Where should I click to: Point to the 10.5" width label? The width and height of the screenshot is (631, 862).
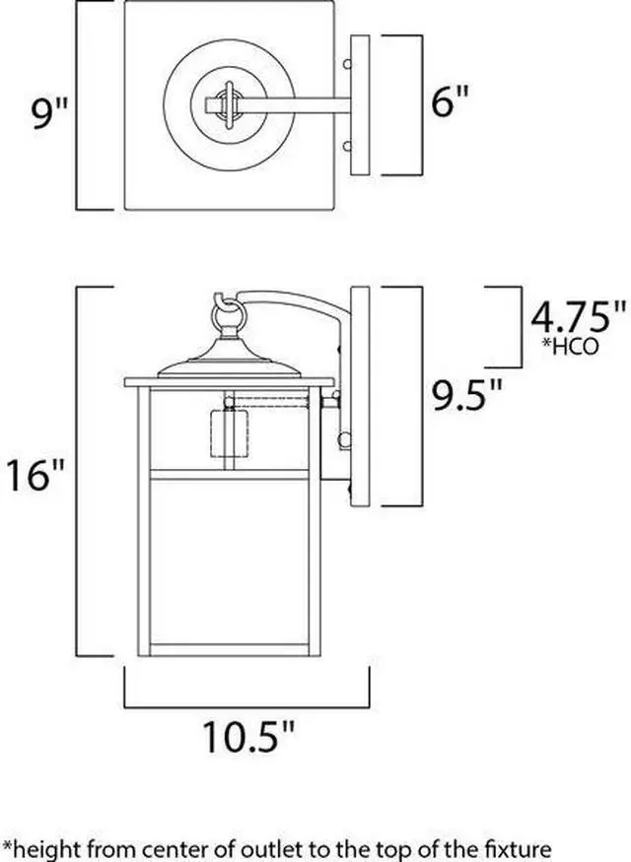248,735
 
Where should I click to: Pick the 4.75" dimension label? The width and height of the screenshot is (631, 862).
578,317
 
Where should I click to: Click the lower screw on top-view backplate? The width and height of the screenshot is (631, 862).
346,147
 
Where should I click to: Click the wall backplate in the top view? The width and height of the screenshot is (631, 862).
360,105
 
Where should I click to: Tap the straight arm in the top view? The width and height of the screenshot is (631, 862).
296,102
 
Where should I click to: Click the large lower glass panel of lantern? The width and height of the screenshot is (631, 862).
229,562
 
